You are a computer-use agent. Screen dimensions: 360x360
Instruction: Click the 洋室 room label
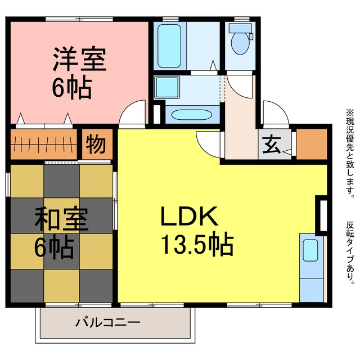pyautogui.click(x=80, y=59)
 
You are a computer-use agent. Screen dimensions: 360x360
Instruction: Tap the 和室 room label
pyautogui.click(x=61, y=219)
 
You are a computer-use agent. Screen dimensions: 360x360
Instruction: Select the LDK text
pyautogui.click(x=190, y=216)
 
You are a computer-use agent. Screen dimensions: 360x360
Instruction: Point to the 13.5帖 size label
pyautogui.click(x=197, y=244)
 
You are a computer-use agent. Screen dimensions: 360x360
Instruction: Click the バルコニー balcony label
pyautogui.click(x=108, y=322)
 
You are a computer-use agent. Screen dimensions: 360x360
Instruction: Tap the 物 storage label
pyautogui.click(x=96, y=145)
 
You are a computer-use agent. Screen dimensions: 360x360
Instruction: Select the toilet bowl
pyautogui.click(x=240, y=43)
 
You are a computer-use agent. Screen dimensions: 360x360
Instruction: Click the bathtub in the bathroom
pyautogui.click(x=169, y=46)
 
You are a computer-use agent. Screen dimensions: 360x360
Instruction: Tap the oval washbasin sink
pyautogui.click(x=192, y=115)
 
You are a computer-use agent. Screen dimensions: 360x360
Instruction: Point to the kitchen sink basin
pyautogui.click(x=310, y=250)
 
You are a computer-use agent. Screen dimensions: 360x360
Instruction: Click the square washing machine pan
pyautogui.click(x=167, y=88)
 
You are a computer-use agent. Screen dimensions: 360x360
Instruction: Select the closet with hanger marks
pyautogui.click(x=44, y=144)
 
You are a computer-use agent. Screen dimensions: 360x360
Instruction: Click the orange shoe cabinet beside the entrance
pyautogui.click(x=312, y=144)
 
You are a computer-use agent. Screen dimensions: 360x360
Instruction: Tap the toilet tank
pyautogui.click(x=240, y=28)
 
